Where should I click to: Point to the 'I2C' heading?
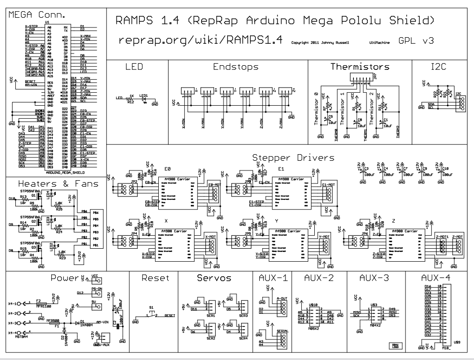click(439, 67)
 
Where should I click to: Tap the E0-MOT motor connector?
click(212, 193)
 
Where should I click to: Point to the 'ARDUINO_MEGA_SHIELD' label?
click(57, 171)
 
